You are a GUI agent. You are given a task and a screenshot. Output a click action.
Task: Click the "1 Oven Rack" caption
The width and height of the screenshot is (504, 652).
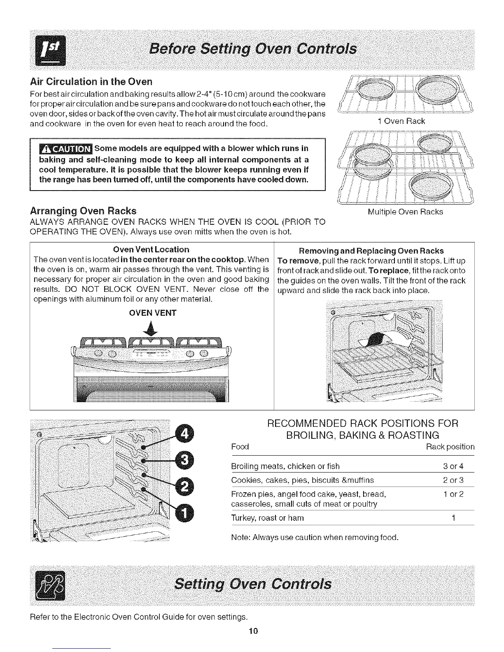(401, 121)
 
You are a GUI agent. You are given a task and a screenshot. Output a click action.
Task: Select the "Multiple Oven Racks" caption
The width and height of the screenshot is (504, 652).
(405, 212)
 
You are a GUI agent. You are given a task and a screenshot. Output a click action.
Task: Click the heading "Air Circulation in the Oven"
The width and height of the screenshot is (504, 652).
(91, 81)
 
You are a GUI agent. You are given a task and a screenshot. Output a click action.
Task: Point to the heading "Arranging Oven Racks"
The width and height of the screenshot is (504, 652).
(83, 211)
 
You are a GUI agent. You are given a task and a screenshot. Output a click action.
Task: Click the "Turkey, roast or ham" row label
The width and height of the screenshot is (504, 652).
(268, 518)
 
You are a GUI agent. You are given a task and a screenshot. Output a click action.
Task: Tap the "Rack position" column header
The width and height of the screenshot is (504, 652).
(450, 447)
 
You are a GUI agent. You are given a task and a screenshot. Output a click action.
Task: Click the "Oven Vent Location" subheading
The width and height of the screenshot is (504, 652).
(151, 250)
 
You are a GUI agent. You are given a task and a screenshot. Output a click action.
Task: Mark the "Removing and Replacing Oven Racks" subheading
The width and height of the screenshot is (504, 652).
(371, 251)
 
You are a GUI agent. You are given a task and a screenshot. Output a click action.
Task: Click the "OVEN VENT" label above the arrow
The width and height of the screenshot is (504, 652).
(152, 313)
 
